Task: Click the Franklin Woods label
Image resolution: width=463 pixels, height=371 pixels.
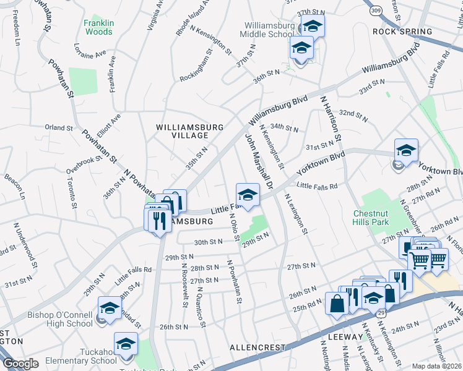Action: [x=98, y=27]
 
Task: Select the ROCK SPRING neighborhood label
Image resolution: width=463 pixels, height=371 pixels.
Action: [x=402, y=32]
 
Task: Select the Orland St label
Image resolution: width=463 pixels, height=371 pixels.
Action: [x=59, y=128]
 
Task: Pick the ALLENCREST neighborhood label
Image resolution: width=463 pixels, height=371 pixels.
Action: [x=256, y=348]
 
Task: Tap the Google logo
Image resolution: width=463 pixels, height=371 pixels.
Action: [x=20, y=364]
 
